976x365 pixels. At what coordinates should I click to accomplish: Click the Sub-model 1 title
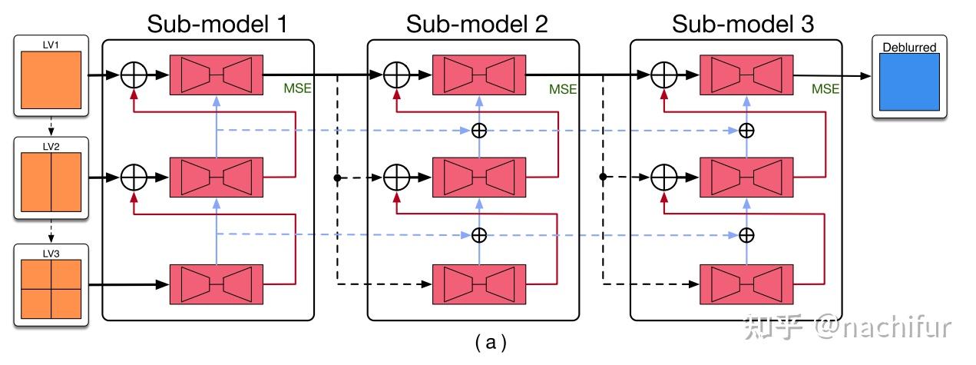click(217, 24)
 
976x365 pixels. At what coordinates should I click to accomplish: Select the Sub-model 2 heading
click(477, 24)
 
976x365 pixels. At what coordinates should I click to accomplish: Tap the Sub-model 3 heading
click(743, 24)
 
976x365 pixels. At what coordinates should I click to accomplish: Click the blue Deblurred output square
click(908, 82)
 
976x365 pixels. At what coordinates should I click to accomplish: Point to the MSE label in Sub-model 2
click(563, 89)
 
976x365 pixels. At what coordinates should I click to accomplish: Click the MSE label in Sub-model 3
click(825, 89)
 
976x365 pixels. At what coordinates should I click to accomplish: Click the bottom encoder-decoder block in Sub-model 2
click(479, 284)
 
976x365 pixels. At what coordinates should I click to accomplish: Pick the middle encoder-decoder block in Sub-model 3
click(745, 178)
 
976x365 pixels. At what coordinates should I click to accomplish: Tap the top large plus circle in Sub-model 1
click(134, 75)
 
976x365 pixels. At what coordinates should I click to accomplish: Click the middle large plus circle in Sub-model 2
click(396, 178)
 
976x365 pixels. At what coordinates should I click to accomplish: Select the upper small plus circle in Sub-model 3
click(745, 131)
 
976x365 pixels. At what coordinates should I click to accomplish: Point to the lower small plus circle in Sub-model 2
click(479, 234)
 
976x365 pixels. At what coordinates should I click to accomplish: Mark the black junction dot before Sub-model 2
click(337, 178)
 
